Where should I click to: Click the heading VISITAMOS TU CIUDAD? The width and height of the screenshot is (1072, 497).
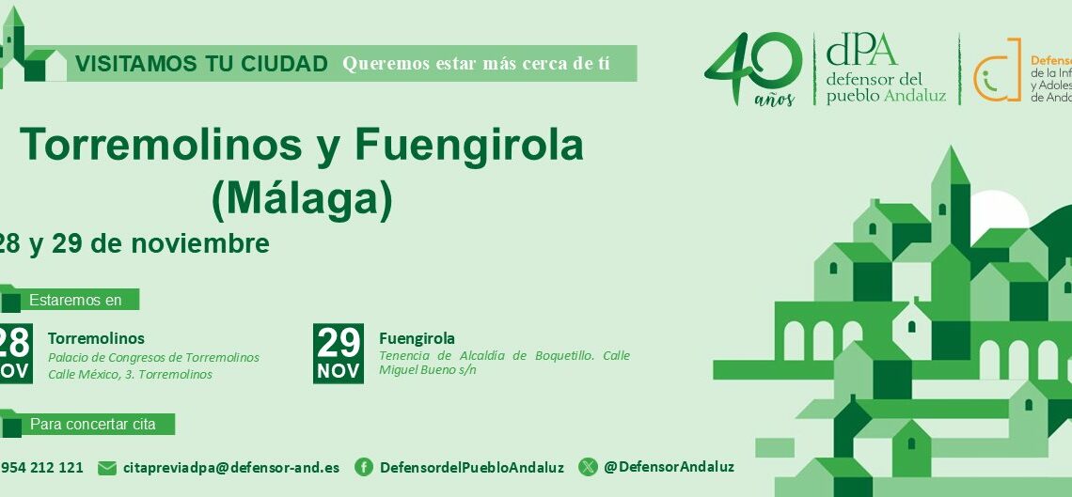201,64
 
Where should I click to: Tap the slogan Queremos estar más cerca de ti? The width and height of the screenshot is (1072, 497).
476,64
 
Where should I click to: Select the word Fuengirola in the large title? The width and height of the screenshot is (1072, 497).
469,146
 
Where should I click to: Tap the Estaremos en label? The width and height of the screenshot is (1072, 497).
75,301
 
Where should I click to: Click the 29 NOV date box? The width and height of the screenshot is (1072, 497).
339,353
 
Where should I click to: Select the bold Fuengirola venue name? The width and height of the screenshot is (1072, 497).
417,338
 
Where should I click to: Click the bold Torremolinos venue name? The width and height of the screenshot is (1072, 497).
96,338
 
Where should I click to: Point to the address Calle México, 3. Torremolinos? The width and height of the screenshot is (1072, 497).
130,374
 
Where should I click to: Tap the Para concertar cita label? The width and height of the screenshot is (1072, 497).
92,425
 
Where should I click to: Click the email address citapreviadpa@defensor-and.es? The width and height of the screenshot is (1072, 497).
231,467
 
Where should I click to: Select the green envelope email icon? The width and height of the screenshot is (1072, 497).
107,468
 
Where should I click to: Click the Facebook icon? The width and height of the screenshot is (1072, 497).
364,467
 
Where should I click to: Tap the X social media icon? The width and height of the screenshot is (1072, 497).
588,467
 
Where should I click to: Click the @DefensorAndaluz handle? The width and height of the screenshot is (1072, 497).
669,467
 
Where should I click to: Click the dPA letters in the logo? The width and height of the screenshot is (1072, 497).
861,50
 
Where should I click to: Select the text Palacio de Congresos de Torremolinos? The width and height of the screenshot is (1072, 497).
153,358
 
